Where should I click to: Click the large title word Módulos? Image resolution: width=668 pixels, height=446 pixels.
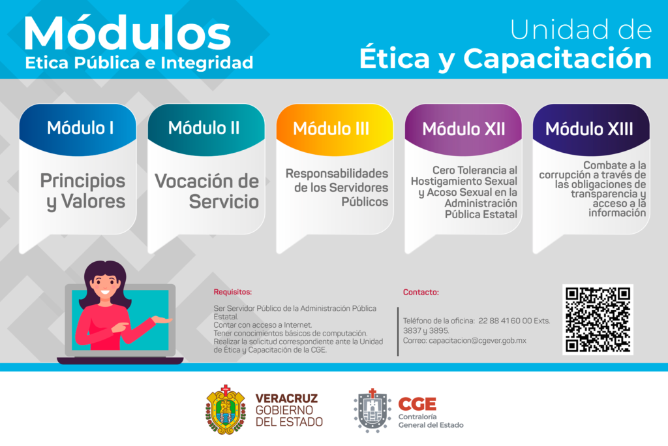[127, 34]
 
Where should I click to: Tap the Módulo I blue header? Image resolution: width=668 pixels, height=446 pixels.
[78, 129]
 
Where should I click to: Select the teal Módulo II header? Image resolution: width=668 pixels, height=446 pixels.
[206, 129]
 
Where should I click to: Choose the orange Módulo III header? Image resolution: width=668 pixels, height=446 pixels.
[335, 129]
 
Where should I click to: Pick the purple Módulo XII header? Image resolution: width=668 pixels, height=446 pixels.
[463, 129]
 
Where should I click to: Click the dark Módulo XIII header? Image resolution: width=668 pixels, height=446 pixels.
[591, 129]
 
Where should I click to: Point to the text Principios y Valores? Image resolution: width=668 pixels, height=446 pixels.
[83, 191]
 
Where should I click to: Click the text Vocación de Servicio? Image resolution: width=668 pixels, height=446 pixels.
[207, 191]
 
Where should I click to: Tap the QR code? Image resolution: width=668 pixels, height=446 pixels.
[598, 319]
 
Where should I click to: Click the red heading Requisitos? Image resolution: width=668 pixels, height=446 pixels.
[233, 292]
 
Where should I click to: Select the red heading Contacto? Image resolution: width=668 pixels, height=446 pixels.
[421, 292]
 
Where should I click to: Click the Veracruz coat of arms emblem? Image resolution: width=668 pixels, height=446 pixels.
[226, 409]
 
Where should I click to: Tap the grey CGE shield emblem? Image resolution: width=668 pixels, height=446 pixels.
[372, 411]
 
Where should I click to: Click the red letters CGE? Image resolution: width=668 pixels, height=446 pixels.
[417, 404]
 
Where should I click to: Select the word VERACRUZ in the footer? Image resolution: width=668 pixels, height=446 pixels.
[287, 398]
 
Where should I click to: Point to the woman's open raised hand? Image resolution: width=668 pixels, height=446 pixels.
[162, 319]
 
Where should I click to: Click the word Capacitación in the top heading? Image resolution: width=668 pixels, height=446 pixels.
[557, 58]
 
